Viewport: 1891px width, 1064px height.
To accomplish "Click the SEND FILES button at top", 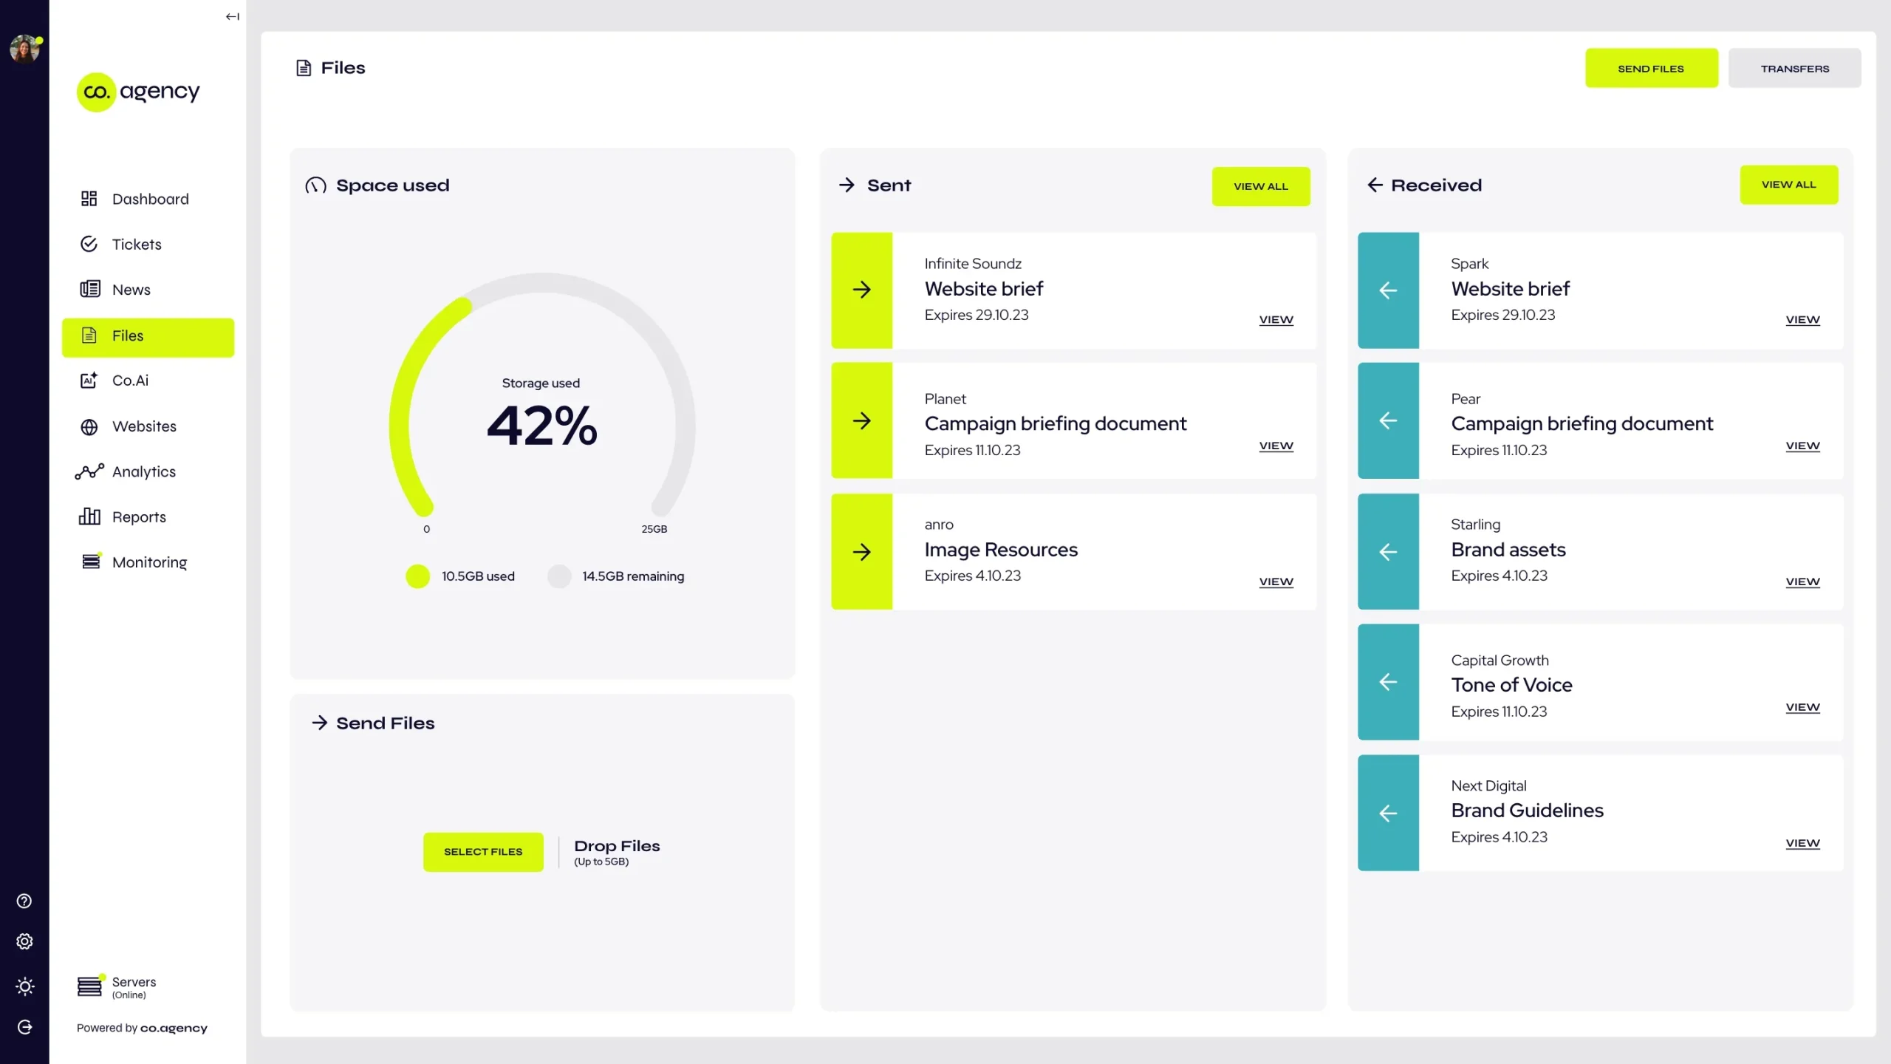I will pos(1651,68).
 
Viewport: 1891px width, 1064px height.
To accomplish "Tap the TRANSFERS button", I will pos(1794,68).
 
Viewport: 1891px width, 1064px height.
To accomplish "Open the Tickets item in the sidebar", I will pos(137,245).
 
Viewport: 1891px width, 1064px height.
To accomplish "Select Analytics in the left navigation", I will pos(143,471).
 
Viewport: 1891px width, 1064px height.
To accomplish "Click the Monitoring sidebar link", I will pos(149,562).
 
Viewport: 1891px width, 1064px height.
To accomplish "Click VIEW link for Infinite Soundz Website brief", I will pos(1276,319).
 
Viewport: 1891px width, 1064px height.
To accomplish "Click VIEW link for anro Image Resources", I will pos(1276,582).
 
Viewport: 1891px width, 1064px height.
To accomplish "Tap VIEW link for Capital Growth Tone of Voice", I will pos(1802,707).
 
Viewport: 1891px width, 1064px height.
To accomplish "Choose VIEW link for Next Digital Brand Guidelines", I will pos(1802,843).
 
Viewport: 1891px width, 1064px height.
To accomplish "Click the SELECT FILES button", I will pos(483,851).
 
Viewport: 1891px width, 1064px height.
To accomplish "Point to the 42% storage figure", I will pos(541,426).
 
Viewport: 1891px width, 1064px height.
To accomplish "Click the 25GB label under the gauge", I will pos(654,529).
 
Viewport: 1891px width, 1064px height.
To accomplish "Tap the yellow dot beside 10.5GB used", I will pos(417,576).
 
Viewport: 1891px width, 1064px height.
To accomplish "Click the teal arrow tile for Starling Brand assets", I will pos(1388,552).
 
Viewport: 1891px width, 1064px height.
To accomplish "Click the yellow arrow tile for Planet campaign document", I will pos(861,420).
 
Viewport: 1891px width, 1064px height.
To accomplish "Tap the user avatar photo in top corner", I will pos(24,50).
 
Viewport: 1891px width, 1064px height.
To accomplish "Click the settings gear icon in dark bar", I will pos(24,941).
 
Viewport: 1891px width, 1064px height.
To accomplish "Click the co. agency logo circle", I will pos(97,92).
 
